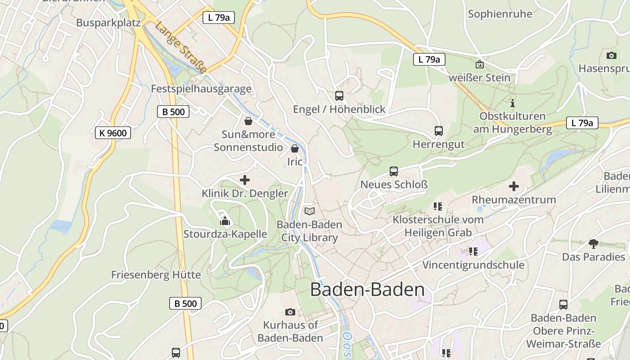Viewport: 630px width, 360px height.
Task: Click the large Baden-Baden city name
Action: pos(367,290)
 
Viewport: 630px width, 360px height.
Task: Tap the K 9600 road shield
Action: pos(113,133)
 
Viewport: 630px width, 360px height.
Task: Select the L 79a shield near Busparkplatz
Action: pos(219,18)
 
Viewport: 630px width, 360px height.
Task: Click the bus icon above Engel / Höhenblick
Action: pos(339,95)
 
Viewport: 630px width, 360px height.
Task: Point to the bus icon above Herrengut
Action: pos(439,131)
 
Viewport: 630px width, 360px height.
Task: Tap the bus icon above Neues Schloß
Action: pos(394,171)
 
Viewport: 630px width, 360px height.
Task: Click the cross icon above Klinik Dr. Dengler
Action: pos(245,180)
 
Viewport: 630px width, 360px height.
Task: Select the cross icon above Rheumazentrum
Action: pos(513,186)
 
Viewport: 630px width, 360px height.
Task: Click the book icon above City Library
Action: pos(309,211)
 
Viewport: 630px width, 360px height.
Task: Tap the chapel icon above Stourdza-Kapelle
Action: pos(225,220)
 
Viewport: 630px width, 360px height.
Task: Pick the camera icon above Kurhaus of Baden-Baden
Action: pos(290,312)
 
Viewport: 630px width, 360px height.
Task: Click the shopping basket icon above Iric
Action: pos(295,148)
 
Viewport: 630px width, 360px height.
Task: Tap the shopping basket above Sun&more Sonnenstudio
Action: pos(248,121)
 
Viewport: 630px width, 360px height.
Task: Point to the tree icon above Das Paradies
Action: pos(593,243)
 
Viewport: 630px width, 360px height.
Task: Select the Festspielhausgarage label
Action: pos(201,89)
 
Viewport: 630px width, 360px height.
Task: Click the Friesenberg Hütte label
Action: pos(156,274)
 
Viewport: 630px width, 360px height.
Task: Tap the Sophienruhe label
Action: pos(500,14)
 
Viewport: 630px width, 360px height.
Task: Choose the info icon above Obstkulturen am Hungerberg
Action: pos(512,103)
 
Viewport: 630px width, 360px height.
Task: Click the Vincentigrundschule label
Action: pos(473,265)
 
